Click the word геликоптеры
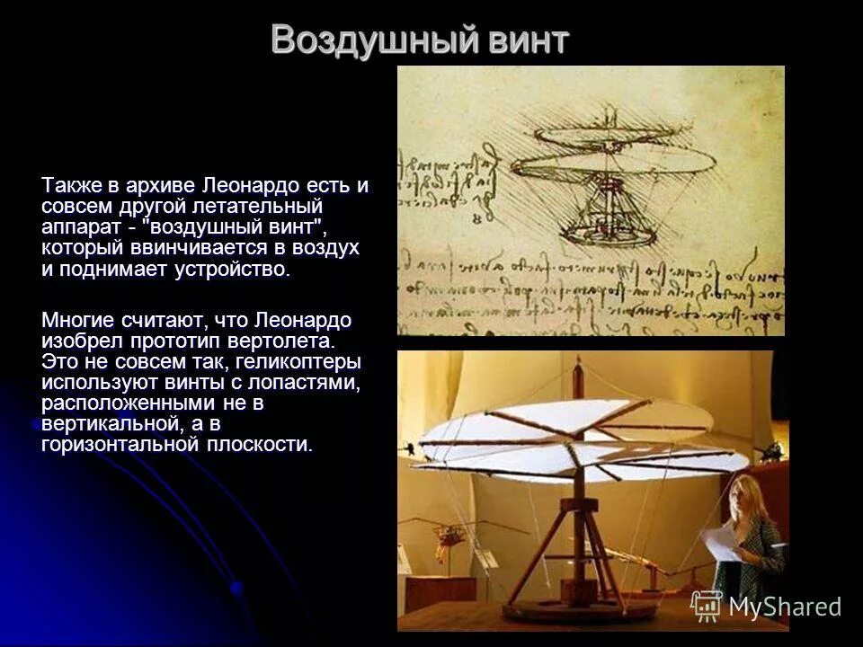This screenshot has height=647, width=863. pos(303,361)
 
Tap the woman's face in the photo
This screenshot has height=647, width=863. pos(747,495)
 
